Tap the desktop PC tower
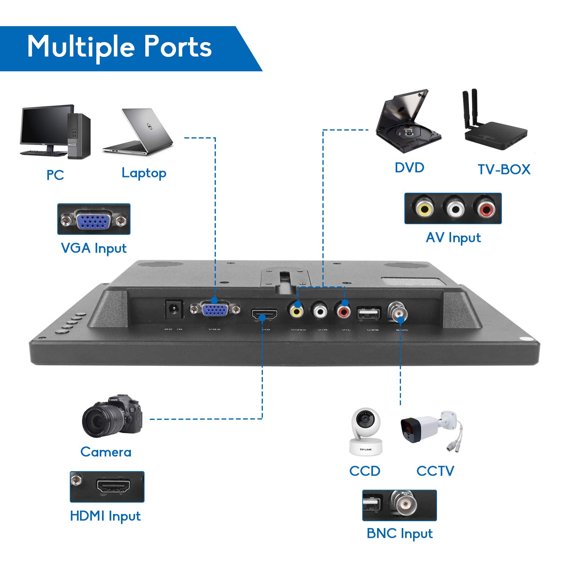[x=79, y=136]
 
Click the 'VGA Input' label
[x=94, y=248]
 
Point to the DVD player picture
[x=408, y=121]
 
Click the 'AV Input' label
[x=453, y=238]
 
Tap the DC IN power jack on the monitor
[x=174, y=309]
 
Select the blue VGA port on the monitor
[x=215, y=310]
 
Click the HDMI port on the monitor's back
[x=264, y=314]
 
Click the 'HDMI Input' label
[x=105, y=516]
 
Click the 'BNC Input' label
[x=399, y=533]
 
